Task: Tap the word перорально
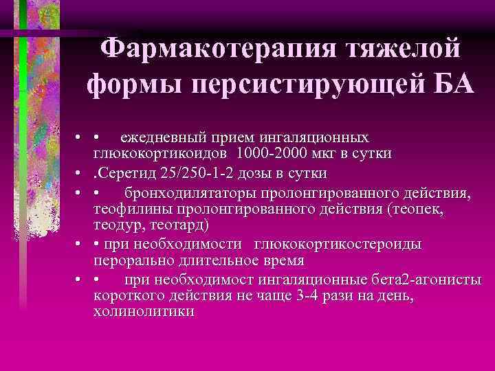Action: (x=133, y=260)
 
